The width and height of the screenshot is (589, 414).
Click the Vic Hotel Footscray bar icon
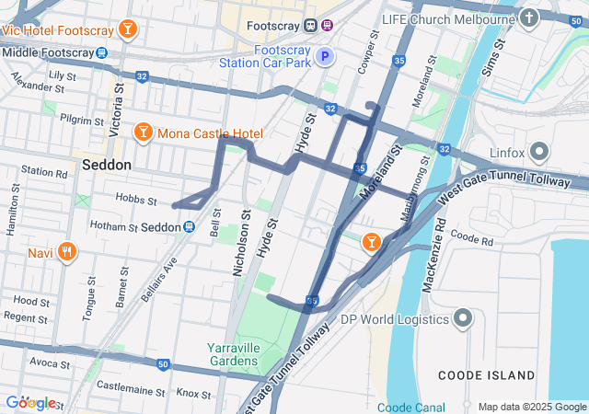(x=127, y=29)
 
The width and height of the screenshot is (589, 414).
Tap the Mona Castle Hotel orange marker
(x=143, y=133)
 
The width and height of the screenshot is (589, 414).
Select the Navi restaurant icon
(x=66, y=251)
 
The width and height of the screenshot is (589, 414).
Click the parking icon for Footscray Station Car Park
(x=324, y=57)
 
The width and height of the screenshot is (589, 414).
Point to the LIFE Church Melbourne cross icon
(x=528, y=18)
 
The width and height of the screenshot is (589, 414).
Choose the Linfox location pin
(x=539, y=152)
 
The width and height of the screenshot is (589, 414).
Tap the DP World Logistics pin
(x=463, y=319)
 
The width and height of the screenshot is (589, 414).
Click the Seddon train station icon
(x=189, y=226)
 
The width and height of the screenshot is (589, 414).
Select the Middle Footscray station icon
(x=102, y=52)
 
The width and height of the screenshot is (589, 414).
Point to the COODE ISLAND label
(x=486, y=375)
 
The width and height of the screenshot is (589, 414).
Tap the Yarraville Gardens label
(x=232, y=354)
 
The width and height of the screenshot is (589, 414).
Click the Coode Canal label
(x=410, y=407)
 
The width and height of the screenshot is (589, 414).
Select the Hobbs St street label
(x=137, y=200)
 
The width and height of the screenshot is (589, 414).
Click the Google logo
(x=29, y=402)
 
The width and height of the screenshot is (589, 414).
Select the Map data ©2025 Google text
(x=532, y=407)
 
